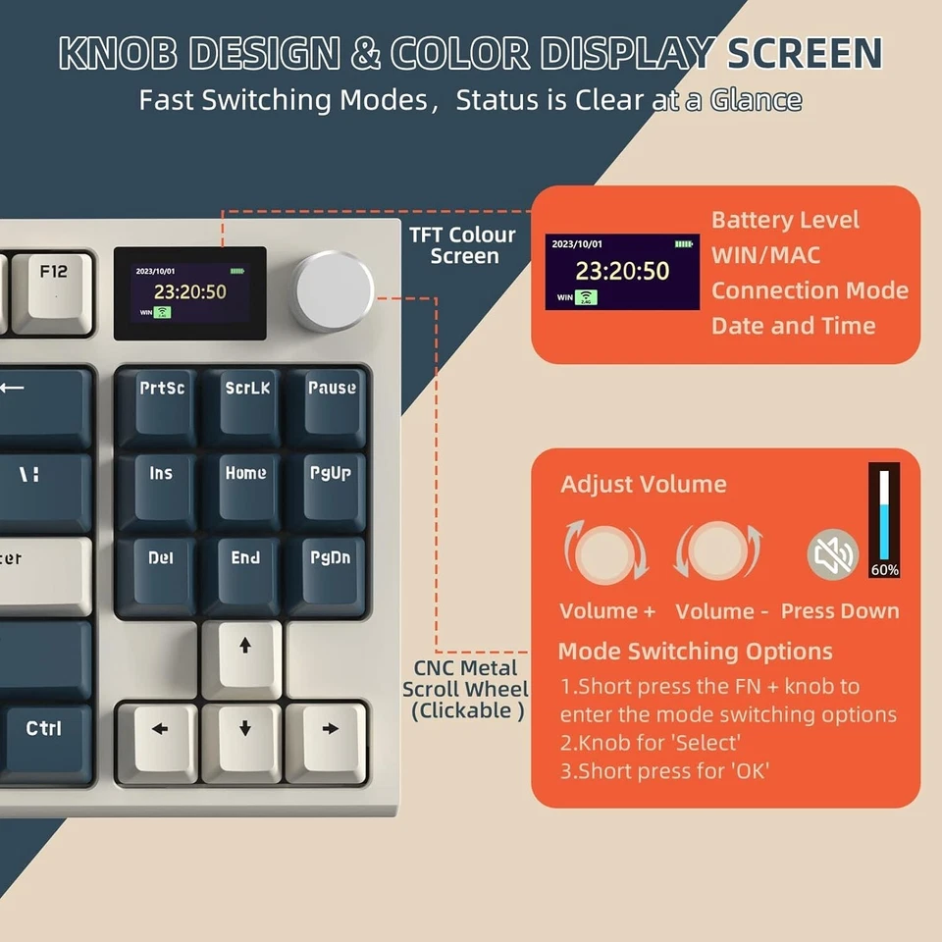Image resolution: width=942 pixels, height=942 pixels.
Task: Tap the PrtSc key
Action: point(160,400)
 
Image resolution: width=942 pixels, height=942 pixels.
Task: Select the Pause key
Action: point(331,400)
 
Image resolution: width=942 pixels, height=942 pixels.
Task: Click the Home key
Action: point(245,485)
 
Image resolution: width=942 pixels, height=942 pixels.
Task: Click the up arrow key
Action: point(245,655)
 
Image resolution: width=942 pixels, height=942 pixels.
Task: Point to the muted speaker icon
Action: point(832,555)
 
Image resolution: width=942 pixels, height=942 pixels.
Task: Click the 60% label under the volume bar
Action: point(884,569)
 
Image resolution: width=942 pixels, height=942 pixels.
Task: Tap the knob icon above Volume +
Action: point(605,551)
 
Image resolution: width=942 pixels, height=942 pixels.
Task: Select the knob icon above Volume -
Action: point(719,551)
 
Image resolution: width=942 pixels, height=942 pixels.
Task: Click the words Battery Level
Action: point(785,220)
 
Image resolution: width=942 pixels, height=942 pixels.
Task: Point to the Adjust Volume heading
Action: point(643,484)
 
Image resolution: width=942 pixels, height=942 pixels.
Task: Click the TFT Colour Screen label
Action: point(465,245)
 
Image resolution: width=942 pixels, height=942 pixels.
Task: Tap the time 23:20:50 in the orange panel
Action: point(621,271)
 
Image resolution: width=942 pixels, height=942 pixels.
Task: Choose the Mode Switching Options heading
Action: point(695,652)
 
